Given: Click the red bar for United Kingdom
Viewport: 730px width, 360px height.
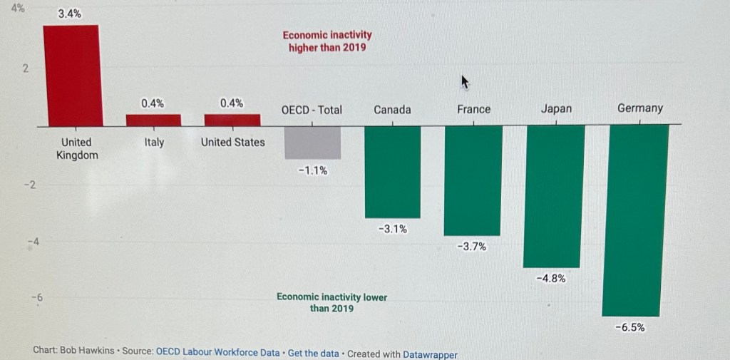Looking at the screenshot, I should click(71, 75).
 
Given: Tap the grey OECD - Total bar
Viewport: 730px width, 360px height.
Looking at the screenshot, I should click(312, 142).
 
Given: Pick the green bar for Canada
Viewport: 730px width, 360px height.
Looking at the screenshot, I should click(392, 171).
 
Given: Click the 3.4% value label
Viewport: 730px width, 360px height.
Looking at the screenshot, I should click(69, 14).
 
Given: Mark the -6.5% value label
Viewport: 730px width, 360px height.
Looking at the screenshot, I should click(629, 327).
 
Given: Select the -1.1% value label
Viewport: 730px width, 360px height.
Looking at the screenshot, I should click(312, 170).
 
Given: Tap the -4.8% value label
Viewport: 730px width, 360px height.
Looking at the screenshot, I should click(550, 279).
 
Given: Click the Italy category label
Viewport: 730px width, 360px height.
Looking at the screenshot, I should click(154, 143).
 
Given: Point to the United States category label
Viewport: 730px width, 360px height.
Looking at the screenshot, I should click(232, 142).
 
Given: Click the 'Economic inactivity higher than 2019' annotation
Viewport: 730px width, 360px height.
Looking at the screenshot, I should click(327, 41).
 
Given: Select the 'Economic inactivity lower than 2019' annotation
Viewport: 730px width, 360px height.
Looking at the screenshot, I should click(331, 302).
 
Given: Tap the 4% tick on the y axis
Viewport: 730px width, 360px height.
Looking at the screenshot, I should click(17, 9).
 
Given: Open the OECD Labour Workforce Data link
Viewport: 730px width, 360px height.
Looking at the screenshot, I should click(217, 353).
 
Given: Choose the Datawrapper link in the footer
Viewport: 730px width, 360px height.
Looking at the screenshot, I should click(430, 354).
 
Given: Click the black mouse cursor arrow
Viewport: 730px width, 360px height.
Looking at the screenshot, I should click(465, 82).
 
